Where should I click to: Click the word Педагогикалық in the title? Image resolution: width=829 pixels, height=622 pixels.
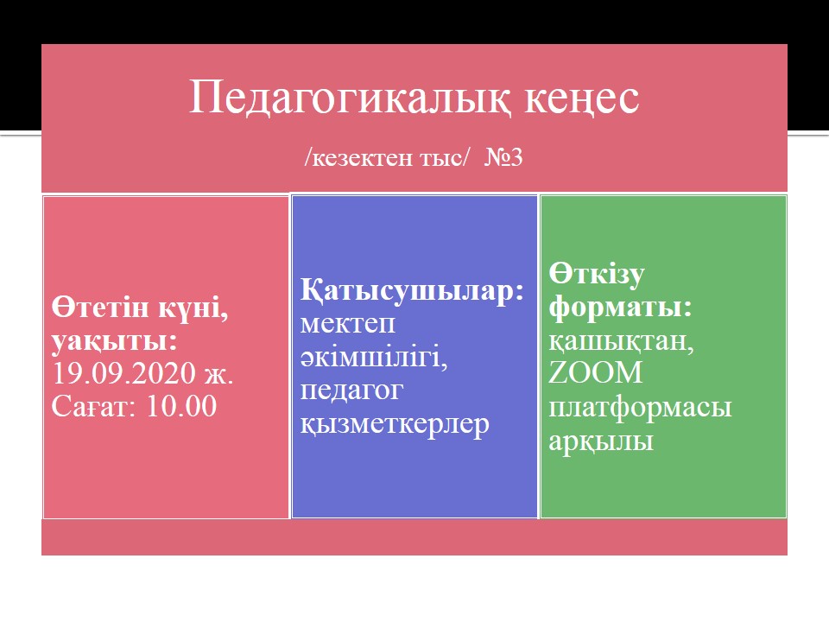[350, 98]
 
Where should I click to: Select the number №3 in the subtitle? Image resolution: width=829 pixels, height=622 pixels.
[503, 157]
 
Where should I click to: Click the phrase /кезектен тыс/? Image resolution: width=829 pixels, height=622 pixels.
[387, 157]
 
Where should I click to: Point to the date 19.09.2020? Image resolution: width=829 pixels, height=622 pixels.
[124, 373]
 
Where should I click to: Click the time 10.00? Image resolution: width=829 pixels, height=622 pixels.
[181, 406]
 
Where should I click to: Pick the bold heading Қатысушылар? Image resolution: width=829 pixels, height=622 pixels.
[413, 290]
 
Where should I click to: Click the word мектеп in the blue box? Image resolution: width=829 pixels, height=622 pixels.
[348, 324]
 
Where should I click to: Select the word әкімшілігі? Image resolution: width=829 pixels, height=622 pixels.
[374, 357]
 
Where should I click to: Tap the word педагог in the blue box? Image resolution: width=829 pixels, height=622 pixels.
[351, 391]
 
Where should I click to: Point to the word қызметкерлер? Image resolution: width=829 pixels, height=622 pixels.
[395, 424]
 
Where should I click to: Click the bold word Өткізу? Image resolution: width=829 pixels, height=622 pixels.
[597, 274]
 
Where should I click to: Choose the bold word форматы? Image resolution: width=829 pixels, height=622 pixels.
[620, 308]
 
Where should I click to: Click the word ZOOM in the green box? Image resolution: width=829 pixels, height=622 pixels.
[595, 372]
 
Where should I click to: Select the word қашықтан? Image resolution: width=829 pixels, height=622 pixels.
[621, 341]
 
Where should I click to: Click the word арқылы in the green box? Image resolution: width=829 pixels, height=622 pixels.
[601, 441]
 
